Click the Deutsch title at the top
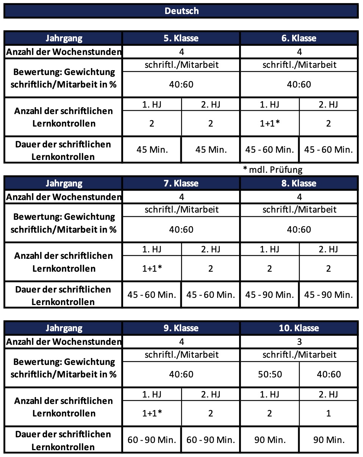(181, 11)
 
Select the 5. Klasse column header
(181, 38)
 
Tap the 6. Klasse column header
(299, 38)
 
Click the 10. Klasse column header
(299, 328)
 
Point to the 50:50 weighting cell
(269, 374)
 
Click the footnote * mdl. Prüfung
(273, 169)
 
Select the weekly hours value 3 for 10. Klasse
(299, 342)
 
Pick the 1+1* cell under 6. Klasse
(269, 123)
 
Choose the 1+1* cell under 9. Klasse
(152, 413)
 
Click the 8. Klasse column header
(299, 183)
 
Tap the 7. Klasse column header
(181, 183)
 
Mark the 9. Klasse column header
(181, 328)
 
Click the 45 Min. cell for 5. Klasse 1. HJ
(152, 149)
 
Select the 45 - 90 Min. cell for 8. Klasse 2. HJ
(328, 294)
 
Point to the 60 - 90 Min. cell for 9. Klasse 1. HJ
(152, 440)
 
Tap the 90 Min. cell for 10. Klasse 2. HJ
(328, 440)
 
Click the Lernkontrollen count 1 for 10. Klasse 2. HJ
(328, 413)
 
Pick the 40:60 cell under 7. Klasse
(181, 229)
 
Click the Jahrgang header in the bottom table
(64, 328)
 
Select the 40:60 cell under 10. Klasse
(328, 374)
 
